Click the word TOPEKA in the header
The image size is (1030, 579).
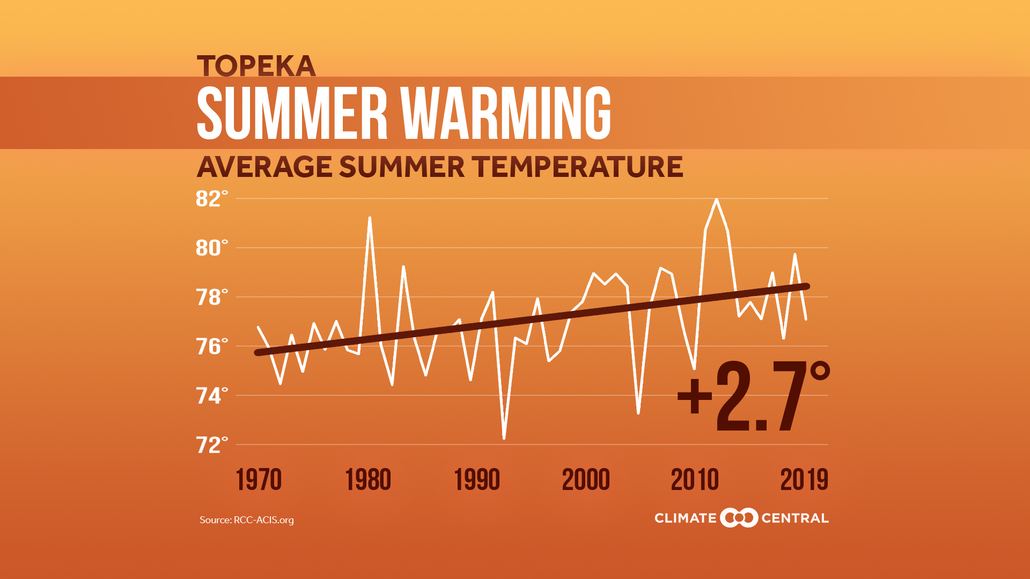[x=256, y=66]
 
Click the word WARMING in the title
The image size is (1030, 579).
[x=506, y=113]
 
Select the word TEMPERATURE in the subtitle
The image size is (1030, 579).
[x=578, y=167]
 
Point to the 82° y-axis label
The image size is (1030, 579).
[x=211, y=199]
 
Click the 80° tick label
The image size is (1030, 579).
[x=211, y=248]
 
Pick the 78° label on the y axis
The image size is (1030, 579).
[x=211, y=298]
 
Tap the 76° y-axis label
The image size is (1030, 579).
[x=211, y=347]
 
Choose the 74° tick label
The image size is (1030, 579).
[x=211, y=396]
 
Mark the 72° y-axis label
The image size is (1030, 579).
[x=211, y=446]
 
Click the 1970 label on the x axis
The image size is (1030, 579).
[x=259, y=480]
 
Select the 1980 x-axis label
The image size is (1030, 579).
[x=368, y=480]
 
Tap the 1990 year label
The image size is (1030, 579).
[x=477, y=480]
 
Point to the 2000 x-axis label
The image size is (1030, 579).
[x=586, y=480]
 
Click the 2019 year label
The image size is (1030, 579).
[x=804, y=480]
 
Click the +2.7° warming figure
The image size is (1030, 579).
[x=753, y=397]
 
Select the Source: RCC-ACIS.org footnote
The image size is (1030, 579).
[x=247, y=520]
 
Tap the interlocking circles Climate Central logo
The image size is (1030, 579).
[x=739, y=518]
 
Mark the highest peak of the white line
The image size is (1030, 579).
[x=716, y=200]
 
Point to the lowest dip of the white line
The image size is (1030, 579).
[x=504, y=438]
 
